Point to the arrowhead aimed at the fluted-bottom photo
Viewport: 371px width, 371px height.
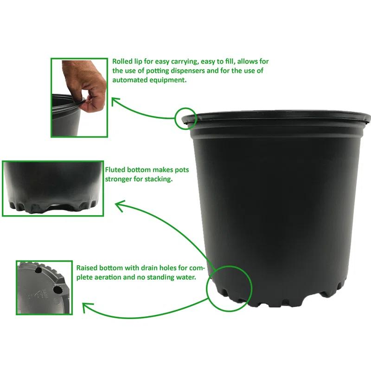(x=120, y=205)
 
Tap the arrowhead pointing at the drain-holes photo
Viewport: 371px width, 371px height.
(x=86, y=307)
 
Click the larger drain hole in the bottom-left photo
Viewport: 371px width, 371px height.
(x=57, y=289)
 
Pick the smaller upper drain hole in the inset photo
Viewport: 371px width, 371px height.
(x=38, y=269)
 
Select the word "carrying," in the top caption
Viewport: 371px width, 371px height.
(x=185, y=62)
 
